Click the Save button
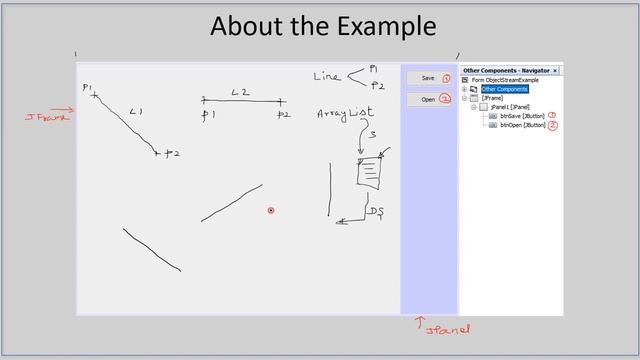pyautogui.click(x=427, y=77)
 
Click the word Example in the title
pyautogui.click(x=380, y=25)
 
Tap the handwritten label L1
pyautogui.click(x=136, y=112)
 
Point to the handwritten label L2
pyautogui.click(x=240, y=93)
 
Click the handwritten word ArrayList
pyautogui.click(x=345, y=113)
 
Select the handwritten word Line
pyautogui.click(x=327, y=76)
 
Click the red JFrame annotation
pyautogui.click(x=47, y=117)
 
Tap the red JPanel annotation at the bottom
pyautogui.click(x=447, y=328)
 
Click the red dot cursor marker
pyautogui.click(x=270, y=210)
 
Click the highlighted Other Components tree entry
pyautogui.click(x=504, y=89)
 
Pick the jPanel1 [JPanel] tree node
pyautogui.click(x=510, y=107)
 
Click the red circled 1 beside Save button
pyautogui.click(x=446, y=77)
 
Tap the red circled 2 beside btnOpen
pyautogui.click(x=552, y=126)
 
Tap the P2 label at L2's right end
pyautogui.click(x=283, y=115)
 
